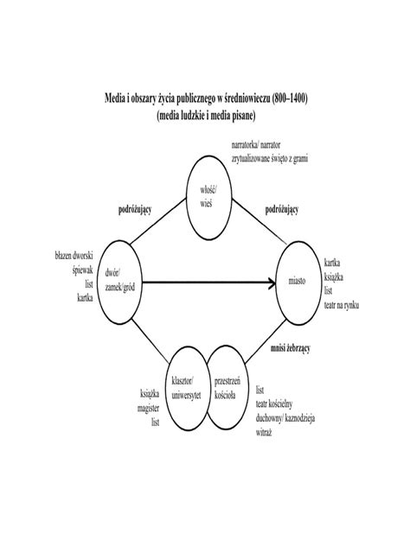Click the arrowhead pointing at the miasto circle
pyautogui.click(x=272, y=282)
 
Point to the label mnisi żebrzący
pyautogui.click(x=291, y=348)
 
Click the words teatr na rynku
pyautogui.click(x=342, y=305)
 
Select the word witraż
pyautogui.click(x=264, y=433)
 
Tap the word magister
pyautogui.click(x=148, y=408)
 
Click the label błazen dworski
pyautogui.click(x=74, y=256)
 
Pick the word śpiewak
pyautogui.click(x=83, y=270)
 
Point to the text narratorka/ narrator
pyautogui.click(x=256, y=144)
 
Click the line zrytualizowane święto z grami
pyautogui.click(x=270, y=159)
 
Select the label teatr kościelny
pyautogui.click(x=274, y=404)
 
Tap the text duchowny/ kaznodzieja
pyautogui.click(x=285, y=418)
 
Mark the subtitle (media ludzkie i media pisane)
pyautogui.click(x=206, y=116)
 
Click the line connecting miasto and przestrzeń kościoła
pyautogui.click(x=266, y=342)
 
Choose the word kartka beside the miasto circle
pyautogui.click(x=332, y=263)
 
